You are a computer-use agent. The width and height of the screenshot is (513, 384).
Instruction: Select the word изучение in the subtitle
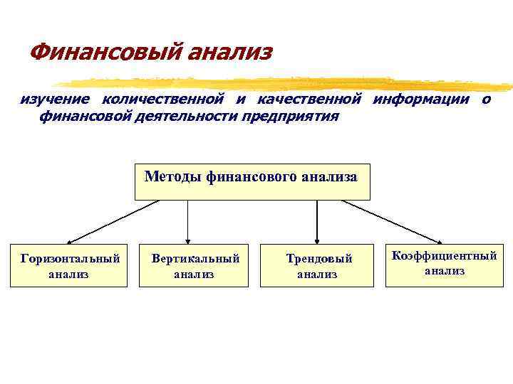pyautogui.click(x=54, y=99)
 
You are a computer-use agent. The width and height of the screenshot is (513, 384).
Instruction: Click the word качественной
pyautogui.click(x=309, y=99)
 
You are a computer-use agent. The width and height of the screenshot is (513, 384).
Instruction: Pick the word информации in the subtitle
pyautogui.click(x=421, y=99)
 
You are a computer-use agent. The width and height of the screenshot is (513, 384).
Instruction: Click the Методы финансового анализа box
pyautogui.click(x=252, y=181)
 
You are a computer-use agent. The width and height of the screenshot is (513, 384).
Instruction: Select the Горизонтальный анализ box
pyautogui.click(x=68, y=265)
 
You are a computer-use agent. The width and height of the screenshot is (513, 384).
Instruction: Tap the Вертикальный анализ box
pyautogui.click(x=194, y=265)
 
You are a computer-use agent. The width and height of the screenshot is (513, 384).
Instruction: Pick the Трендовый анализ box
pyautogui.click(x=316, y=265)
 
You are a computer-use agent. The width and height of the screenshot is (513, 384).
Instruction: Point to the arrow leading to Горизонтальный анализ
pyautogui.click(x=113, y=221)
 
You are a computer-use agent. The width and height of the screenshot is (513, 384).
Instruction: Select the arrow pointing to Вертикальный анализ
pyautogui.click(x=187, y=221)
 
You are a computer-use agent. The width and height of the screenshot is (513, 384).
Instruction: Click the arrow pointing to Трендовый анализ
pyautogui.click(x=317, y=221)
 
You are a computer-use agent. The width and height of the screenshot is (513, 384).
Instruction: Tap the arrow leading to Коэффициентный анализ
pyautogui.click(x=392, y=221)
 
